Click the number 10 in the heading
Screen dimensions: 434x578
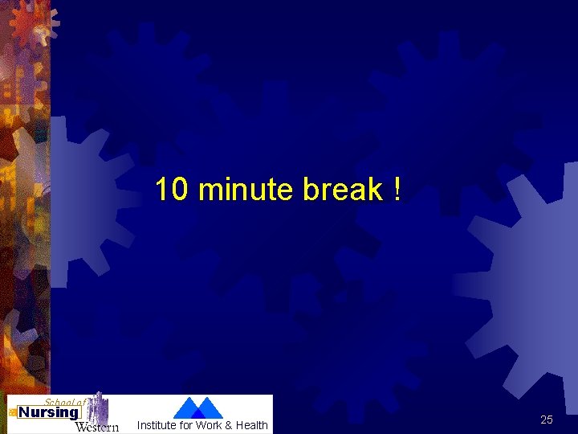click(172, 190)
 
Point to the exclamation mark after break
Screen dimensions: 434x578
click(397, 190)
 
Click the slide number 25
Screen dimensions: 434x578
click(547, 420)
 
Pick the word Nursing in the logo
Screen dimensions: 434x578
click(49, 413)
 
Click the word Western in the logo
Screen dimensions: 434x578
click(96, 427)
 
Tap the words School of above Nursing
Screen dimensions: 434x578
click(64, 401)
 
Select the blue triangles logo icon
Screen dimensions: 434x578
click(197, 407)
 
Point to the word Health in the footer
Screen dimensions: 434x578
click(251, 425)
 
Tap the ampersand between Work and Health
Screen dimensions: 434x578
click(230, 425)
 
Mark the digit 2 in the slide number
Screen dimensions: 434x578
click(543, 420)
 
